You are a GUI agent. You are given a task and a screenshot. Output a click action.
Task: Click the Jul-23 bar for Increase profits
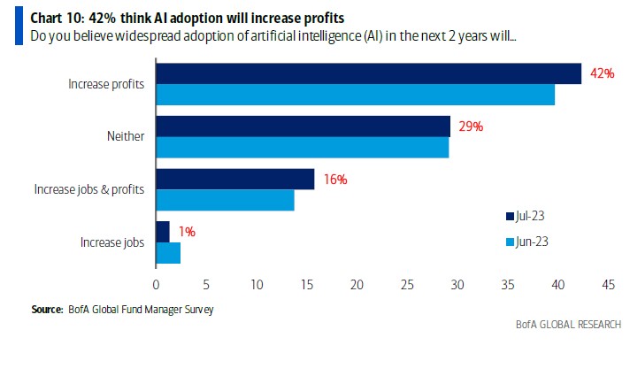point(368,73)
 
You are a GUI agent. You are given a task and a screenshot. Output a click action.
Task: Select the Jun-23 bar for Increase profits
point(355,95)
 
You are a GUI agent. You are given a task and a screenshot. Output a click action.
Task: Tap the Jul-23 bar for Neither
point(303,127)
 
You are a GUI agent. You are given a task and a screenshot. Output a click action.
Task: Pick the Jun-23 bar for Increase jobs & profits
point(225,200)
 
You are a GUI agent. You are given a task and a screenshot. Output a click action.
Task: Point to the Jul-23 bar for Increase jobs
point(163,232)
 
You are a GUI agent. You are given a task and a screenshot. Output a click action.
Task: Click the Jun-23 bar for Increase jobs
point(168,253)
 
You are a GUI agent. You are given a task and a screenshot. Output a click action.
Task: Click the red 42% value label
point(603,73)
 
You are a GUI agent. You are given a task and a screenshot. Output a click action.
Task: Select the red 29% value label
point(471,127)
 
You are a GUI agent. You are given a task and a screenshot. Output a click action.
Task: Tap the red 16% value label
point(334,179)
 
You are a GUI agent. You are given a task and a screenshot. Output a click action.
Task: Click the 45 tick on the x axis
point(608,285)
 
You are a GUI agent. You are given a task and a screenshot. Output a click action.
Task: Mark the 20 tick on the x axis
point(357,285)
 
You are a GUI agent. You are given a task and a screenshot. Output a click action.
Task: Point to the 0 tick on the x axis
point(156,285)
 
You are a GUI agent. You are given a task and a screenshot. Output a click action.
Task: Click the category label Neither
point(127,137)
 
